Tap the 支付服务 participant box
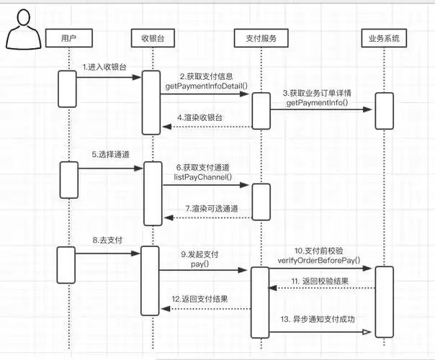[x=261, y=37]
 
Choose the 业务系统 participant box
[x=384, y=37]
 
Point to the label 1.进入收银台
[x=104, y=66]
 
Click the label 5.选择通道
[x=109, y=154]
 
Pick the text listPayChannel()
[x=203, y=176]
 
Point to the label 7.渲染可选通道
[x=214, y=209]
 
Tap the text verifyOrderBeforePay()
[x=318, y=260]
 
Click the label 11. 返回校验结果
[x=320, y=281]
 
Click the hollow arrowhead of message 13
[x=366, y=332]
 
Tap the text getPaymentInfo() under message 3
[x=317, y=104]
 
